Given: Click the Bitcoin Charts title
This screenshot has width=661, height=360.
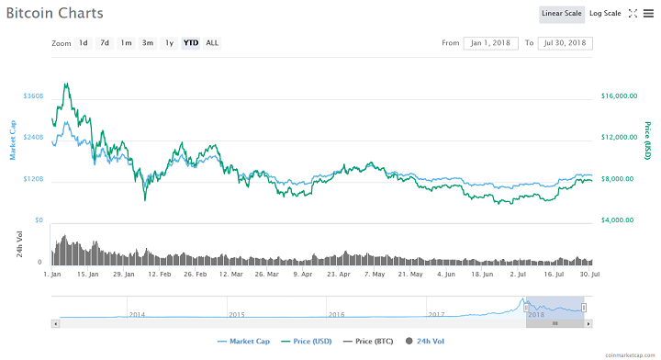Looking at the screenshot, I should [54, 15].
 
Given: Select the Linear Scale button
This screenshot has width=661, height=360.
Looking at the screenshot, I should [561, 14].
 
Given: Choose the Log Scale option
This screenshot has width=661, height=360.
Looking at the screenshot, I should [605, 14].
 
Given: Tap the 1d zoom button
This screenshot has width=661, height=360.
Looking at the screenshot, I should [84, 43].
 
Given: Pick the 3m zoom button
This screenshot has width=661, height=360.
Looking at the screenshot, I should [147, 43].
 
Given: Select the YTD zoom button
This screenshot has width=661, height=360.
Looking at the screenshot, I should [191, 43].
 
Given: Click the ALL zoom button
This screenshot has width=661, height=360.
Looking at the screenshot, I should [212, 43].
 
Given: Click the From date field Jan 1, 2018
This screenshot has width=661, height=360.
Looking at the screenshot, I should [491, 43].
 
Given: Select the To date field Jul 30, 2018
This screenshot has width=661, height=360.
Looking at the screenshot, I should [567, 43].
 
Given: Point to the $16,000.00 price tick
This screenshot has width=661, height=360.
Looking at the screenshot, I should [619, 96].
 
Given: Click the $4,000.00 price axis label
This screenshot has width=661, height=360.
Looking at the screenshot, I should [619, 220].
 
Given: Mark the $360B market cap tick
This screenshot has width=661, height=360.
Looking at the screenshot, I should [33, 96].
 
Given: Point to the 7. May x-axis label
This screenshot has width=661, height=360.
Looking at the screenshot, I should [375, 274].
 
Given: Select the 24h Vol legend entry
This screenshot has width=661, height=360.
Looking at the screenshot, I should [429, 342].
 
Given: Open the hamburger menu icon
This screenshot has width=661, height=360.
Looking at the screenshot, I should [648, 14].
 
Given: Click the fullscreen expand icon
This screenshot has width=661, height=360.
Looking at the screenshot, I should [633, 14].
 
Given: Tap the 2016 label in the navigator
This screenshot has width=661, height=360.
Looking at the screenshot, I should [337, 314].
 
